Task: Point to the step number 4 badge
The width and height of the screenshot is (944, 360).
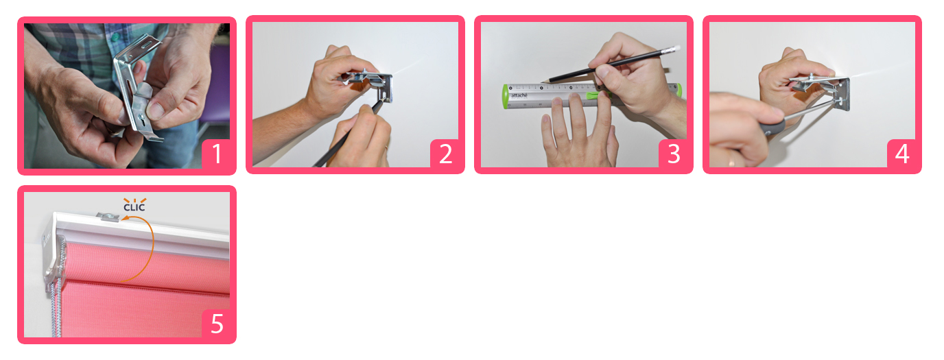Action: point(901,154)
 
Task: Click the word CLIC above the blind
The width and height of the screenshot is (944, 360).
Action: point(134,207)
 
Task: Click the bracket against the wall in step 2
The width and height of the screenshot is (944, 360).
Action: point(371,84)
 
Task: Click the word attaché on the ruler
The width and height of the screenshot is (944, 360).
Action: point(519,95)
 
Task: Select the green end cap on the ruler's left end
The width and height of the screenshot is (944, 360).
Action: point(506,97)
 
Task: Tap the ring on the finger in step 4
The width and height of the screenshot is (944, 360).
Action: point(731,162)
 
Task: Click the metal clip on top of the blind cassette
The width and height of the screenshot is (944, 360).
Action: point(108,217)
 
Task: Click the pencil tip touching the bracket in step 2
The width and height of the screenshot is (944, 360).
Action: point(383,101)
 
